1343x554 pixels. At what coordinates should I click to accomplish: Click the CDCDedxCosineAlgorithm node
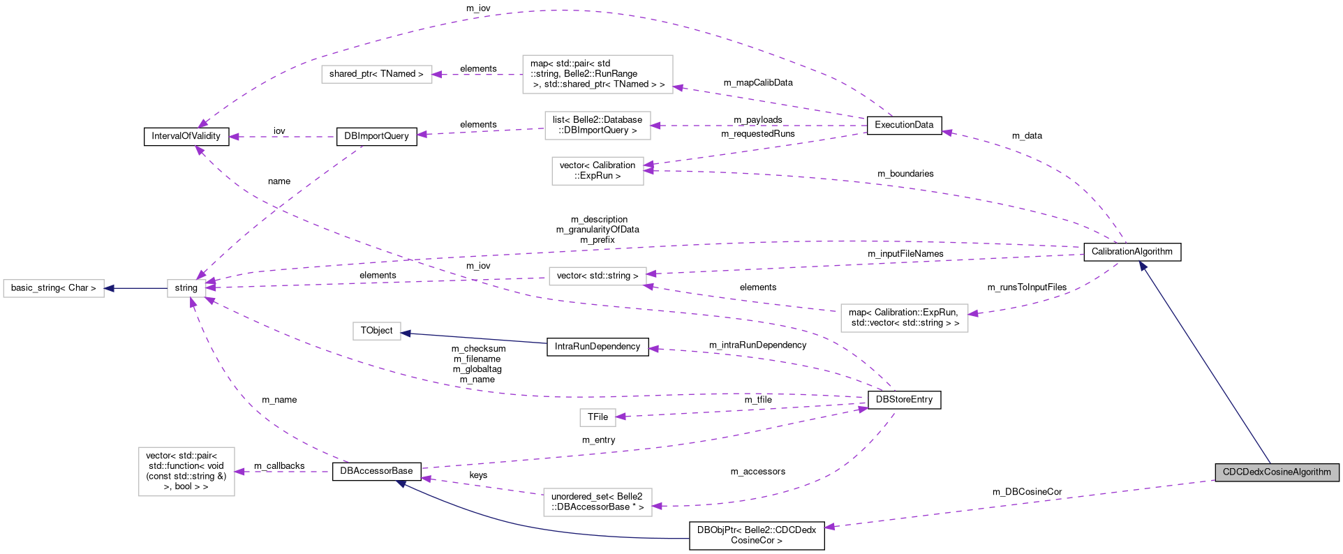tap(1277, 472)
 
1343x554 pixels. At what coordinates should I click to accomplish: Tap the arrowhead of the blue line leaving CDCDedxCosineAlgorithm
tap(1143, 266)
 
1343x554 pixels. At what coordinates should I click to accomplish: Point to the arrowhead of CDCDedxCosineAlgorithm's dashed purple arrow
tap(829, 527)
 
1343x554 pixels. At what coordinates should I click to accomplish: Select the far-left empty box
tap(54, 288)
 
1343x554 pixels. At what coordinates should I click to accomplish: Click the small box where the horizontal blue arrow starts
tap(186, 288)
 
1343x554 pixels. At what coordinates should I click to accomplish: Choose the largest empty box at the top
tap(598, 74)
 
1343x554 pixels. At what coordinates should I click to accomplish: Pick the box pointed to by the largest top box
tap(377, 74)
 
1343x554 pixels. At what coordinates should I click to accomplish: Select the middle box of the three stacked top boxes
tap(598, 126)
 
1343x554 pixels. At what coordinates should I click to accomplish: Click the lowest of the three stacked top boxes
tap(598, 171)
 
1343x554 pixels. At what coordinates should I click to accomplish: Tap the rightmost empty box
tap(904, 318)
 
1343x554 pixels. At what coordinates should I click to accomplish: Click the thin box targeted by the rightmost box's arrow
tap(598, 276)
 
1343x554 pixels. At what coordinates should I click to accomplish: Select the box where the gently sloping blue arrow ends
tap(377, 331)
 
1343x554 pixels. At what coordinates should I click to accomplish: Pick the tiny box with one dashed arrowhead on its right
tap(598, 417)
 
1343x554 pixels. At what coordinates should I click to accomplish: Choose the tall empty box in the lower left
tap(186, 472)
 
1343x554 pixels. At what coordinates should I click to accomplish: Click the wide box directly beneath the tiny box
tap(598, 502)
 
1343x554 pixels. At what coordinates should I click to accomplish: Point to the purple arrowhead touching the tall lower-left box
tap(239, 472)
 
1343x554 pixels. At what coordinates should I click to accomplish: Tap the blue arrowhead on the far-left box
tap(109, 288)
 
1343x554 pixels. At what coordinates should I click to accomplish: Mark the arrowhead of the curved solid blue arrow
tap(400, 483)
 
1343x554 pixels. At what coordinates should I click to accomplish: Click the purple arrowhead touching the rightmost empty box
tap(973, 313)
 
